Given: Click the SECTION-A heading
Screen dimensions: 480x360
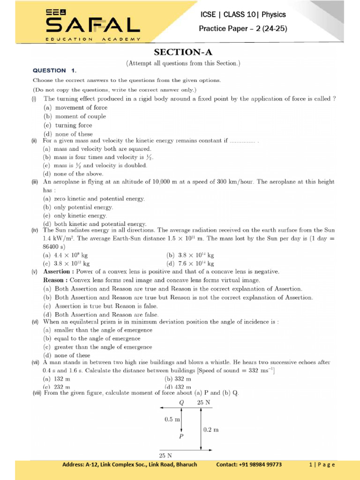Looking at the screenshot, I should click(183, 52).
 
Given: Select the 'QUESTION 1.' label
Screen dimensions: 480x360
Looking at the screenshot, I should click(54, 71).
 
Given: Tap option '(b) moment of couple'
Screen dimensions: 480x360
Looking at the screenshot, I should click(75, 116).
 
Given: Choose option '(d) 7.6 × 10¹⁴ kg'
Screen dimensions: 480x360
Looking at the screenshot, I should click(190, 263).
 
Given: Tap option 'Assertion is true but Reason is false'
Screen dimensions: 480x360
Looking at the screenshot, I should click(107, 306).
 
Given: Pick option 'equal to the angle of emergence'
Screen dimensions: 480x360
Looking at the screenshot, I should click(97, 338).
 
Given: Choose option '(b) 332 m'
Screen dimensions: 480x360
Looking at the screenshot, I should click(178, 379).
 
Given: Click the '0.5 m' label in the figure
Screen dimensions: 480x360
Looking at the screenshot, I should click(172, 420).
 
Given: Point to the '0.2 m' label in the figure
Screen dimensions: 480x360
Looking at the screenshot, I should click(211, 429).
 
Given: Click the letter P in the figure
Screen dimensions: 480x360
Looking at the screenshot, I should click(181, 435).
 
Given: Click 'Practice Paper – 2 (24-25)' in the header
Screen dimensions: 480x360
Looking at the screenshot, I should click(243, 29).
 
